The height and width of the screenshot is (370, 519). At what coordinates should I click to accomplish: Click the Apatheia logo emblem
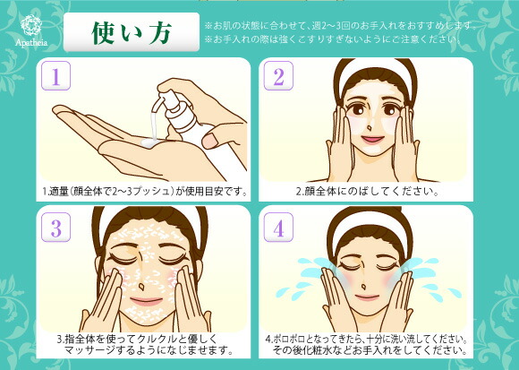tap(31, 25)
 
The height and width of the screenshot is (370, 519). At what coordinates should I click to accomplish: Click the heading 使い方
tap(132, 32)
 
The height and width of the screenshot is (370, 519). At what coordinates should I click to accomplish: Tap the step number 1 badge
tap(56, 76)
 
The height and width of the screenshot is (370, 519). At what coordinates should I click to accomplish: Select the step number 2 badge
tap(278, 76)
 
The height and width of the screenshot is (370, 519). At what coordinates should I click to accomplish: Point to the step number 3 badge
tap(56, 228)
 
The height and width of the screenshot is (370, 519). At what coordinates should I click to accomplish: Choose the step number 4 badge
tap(278, 228)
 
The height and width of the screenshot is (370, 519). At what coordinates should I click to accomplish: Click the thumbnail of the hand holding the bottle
tap(210, 141)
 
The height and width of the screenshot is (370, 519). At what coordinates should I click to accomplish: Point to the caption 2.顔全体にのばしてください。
tap(367, 192)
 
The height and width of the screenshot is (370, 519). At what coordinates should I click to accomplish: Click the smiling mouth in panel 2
tap(372, 139)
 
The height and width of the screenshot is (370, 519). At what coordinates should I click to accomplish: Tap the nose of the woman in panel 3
tap(141, 286)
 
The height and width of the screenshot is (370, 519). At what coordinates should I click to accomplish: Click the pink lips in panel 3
tap(146, 301)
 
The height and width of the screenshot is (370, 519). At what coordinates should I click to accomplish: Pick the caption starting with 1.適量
tap(145, 192)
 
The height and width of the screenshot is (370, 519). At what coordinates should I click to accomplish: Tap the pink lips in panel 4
tap(366, 297)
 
